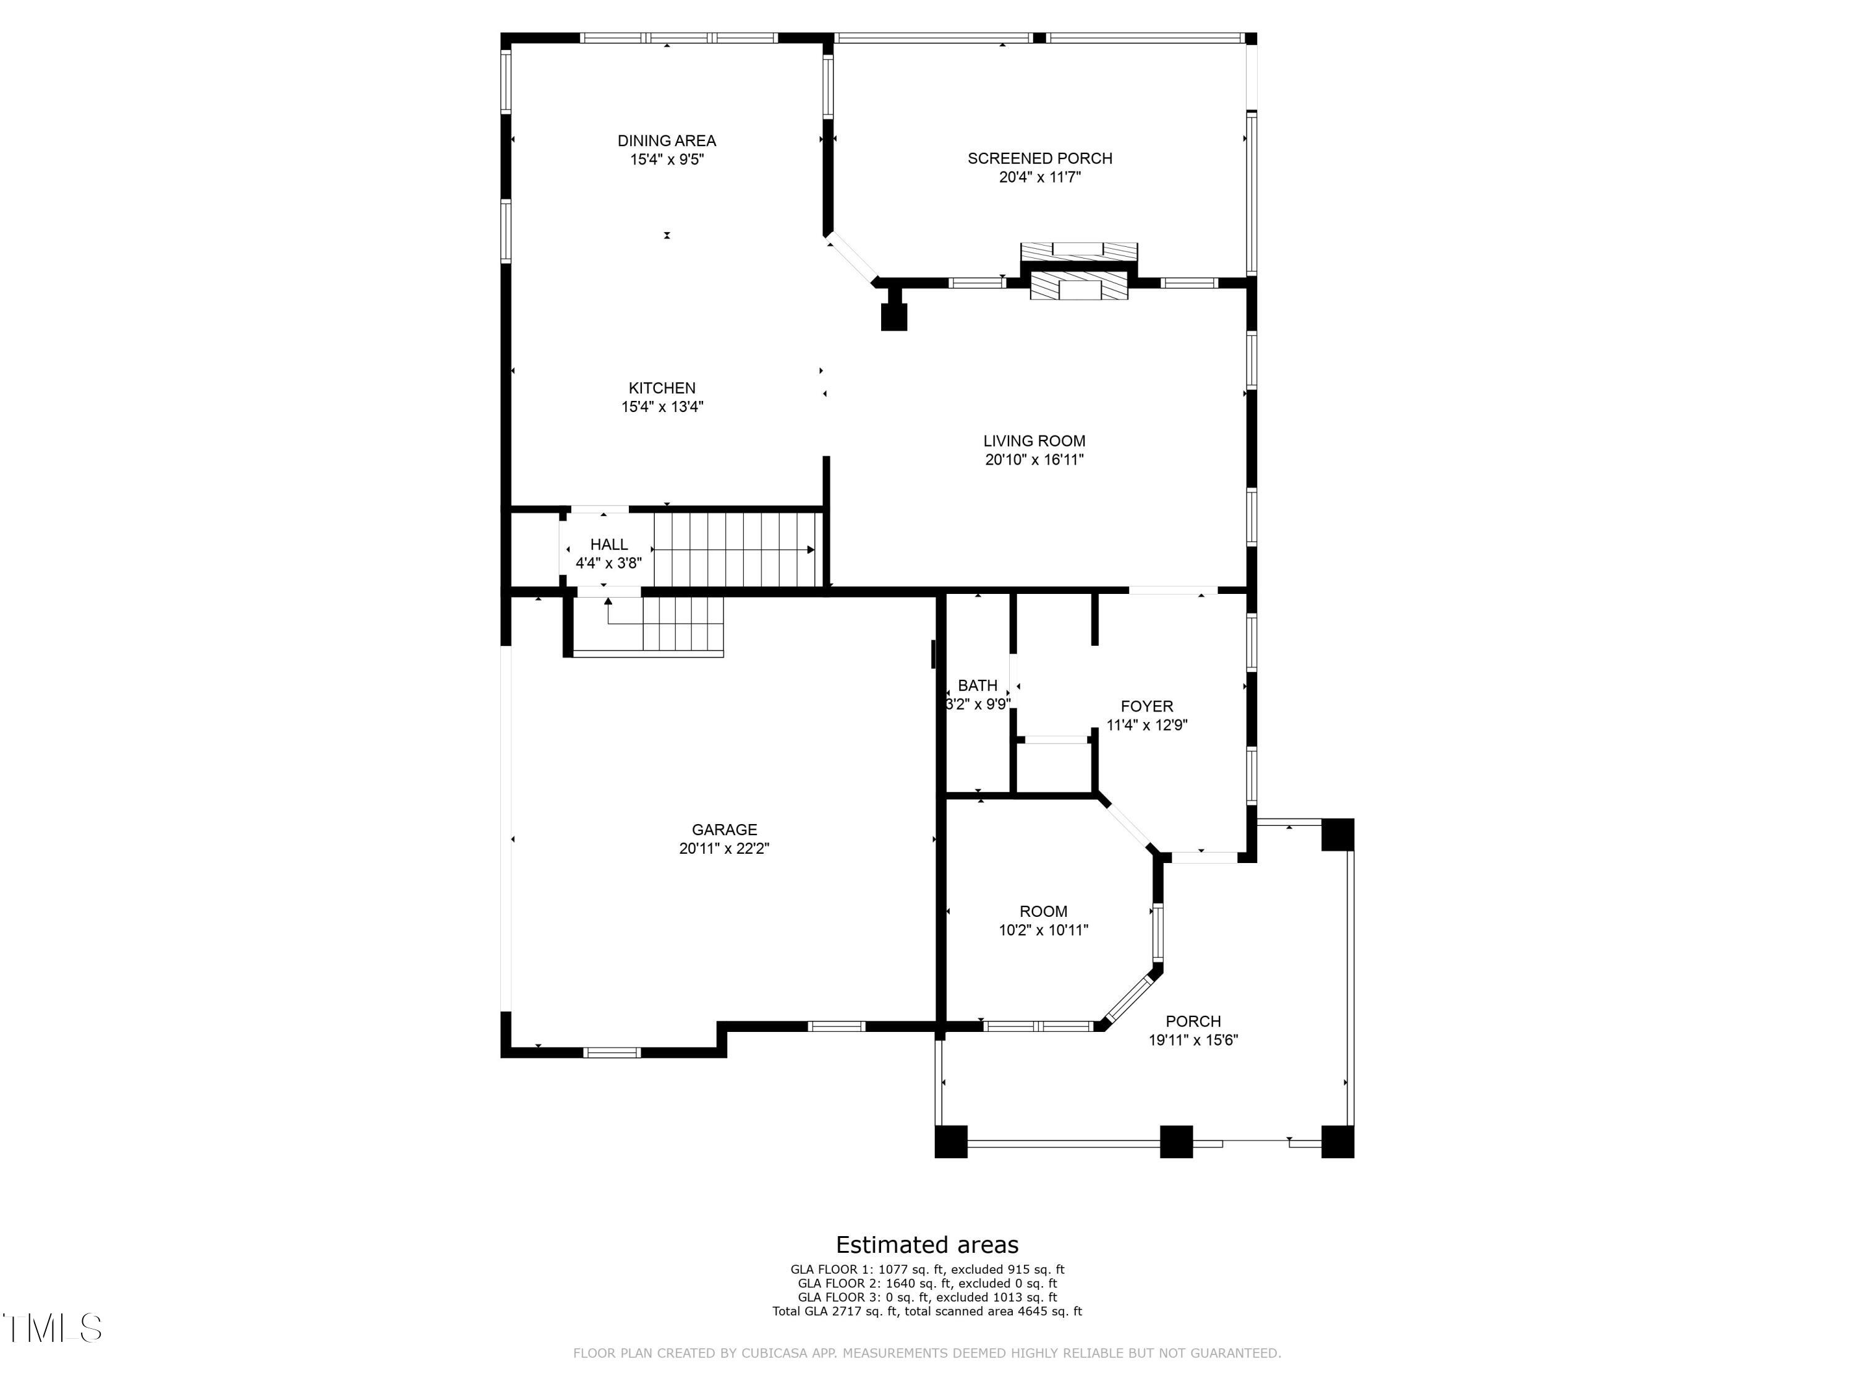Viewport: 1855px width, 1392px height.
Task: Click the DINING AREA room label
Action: [x=667, y=141]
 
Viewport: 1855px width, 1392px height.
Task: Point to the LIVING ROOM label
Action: [x=1034, y=440]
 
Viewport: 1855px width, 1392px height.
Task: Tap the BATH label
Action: [x=977, y=685]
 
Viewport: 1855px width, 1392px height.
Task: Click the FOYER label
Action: [x=1146, y=707]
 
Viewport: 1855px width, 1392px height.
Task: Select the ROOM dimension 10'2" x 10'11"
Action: [x=1043, y=930]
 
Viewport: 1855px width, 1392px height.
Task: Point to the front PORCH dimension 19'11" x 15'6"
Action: [x=1193, y=1039]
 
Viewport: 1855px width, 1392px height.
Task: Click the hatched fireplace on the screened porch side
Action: [x=1078, y=252]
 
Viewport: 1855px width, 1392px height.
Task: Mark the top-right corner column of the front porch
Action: [x=1337, y=834]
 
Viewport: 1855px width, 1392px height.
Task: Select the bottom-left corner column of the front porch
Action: [x=950, y=1141]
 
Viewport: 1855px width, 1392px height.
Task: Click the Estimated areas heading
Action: [x=927, y=1244]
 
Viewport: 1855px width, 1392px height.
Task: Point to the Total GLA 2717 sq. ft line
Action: [x=927, y=1310]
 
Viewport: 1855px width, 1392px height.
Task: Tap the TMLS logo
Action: [x=52, y=1328]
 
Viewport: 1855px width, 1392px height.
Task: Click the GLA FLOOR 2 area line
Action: [x=927, y=1283]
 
